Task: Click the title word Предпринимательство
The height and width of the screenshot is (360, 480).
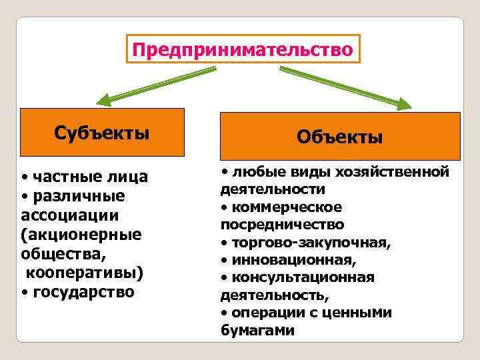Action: pos(242,50)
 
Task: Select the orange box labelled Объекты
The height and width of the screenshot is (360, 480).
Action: pos(340,138)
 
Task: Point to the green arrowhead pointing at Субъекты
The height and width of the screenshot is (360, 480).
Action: pos(105,101)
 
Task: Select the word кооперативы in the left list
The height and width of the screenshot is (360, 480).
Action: pos(85,273)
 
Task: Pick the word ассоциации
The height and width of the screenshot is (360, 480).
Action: pos(70,215)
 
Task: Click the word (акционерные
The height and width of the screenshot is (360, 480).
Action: pos(81,235)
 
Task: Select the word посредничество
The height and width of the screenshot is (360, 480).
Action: pos(282,224)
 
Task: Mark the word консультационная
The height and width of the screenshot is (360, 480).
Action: pos(303,276)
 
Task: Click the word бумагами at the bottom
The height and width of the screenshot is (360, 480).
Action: pos(257,329)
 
